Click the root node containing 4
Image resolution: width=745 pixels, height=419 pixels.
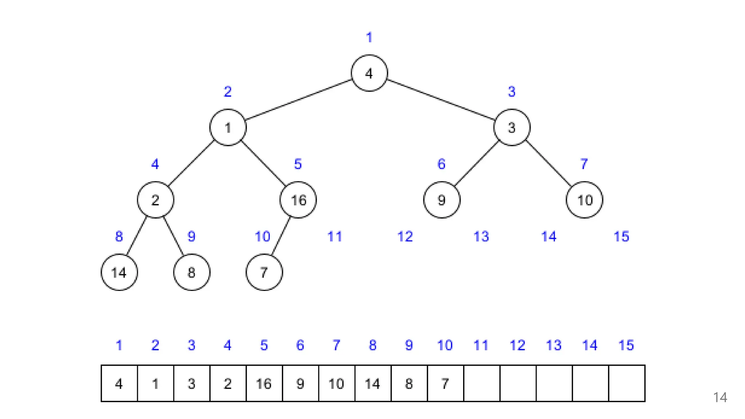coord(369,73)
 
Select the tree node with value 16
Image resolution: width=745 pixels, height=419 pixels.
coord(298,200)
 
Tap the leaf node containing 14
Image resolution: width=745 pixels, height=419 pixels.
coord(119,272)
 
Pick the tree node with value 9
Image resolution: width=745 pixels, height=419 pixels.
coord(442,200)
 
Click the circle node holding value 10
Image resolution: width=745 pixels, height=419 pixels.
coord(584,200)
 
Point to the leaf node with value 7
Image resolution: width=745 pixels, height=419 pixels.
coord(264,272)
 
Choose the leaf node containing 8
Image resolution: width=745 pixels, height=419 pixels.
coord(192,272)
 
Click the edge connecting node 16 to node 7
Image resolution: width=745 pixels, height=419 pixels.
coord(281,236)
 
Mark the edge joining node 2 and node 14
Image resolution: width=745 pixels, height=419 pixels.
coord(136,236)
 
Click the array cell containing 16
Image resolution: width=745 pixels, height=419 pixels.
coord(264,383)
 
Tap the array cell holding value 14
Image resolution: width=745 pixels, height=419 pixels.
coord(373,383)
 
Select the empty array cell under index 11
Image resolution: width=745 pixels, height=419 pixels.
coord(482,383)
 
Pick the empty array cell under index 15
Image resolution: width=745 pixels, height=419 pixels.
coord(626,383)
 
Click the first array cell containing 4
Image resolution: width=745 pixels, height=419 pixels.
coord(119,383)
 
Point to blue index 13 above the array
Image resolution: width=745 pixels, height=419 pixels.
coord(553,345)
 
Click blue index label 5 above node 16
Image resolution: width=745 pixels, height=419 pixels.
coord(298,164)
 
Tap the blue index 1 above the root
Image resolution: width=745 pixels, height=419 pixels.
coord(369,37)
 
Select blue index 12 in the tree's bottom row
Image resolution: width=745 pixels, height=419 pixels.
coord(405,236)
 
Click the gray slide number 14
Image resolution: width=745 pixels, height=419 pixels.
coord(720,397)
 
